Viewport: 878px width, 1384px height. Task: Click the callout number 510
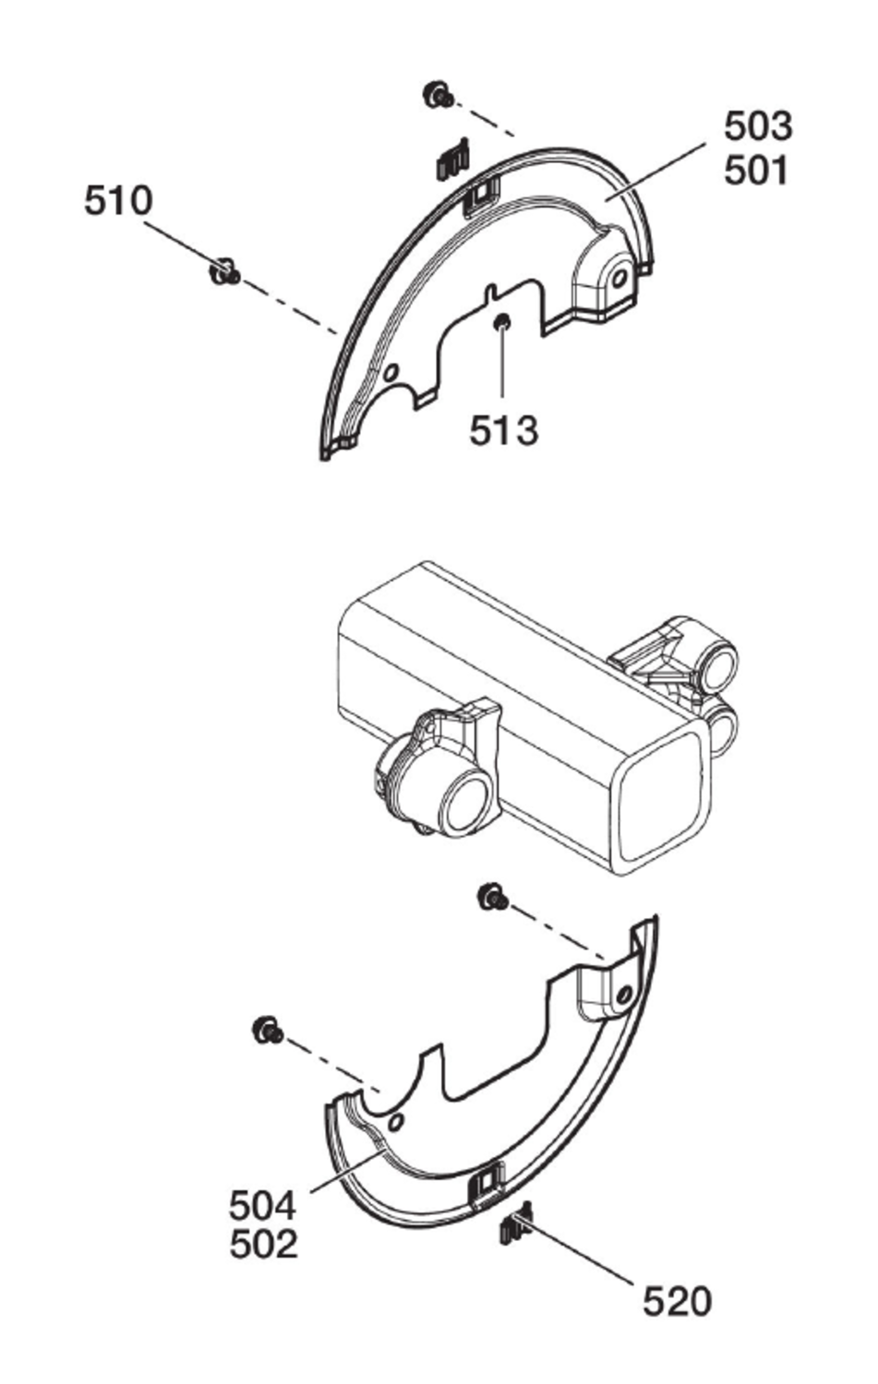[118, 200]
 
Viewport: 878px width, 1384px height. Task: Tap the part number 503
[757, 125]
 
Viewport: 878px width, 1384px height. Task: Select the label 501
[757, 170]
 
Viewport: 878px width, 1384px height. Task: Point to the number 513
[503, 430]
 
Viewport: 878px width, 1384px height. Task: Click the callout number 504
[263, 1205]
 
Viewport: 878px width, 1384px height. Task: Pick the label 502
[263, 1246]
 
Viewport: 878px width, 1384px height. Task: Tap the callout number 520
[677, 1302]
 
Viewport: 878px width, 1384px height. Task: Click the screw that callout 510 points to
[225, 272]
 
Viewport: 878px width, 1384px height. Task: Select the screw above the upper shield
[437, 95]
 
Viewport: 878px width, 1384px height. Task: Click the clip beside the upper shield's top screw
[452, 160]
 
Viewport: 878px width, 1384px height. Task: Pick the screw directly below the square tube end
[493, 896]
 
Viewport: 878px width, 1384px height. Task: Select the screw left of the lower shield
[267, 1030]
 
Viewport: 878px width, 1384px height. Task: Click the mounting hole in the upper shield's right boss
[621, 276]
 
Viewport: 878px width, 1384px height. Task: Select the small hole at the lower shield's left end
[396, 1121]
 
